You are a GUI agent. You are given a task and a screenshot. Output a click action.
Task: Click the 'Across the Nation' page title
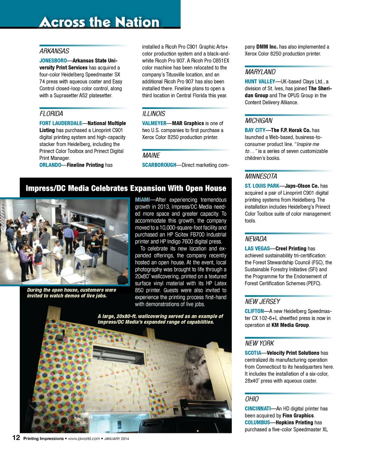point(99,22)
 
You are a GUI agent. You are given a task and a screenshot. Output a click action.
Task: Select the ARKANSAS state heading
point(54,51)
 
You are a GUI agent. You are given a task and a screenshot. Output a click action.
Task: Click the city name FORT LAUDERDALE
point(60,124)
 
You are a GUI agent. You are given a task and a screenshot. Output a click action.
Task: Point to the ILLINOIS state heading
point(153,114)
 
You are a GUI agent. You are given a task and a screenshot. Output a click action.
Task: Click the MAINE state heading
point(151,155)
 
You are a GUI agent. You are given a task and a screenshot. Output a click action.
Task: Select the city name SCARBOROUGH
point(159,165)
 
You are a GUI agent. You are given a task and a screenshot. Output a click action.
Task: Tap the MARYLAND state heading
point(260,72)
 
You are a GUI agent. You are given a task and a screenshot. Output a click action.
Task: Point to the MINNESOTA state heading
point(261,176)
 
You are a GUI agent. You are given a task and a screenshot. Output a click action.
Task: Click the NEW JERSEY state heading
point(262,302)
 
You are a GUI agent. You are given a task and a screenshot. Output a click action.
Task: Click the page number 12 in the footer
point(16,438)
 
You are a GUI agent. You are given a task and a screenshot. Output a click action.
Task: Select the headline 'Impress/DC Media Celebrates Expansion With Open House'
point(125,189)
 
